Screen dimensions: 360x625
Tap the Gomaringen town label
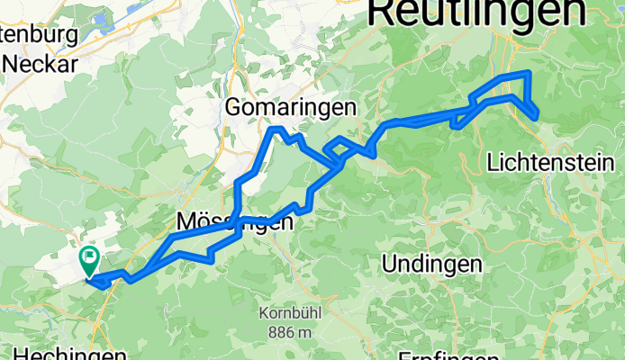pos(291,107)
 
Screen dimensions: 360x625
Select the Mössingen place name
pos(234,222)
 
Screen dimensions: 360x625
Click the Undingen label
pos(431,265)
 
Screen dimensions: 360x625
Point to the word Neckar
pos(41,63)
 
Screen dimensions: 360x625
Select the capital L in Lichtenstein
pos(491,163)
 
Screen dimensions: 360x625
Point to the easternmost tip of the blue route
pos(539,112)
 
